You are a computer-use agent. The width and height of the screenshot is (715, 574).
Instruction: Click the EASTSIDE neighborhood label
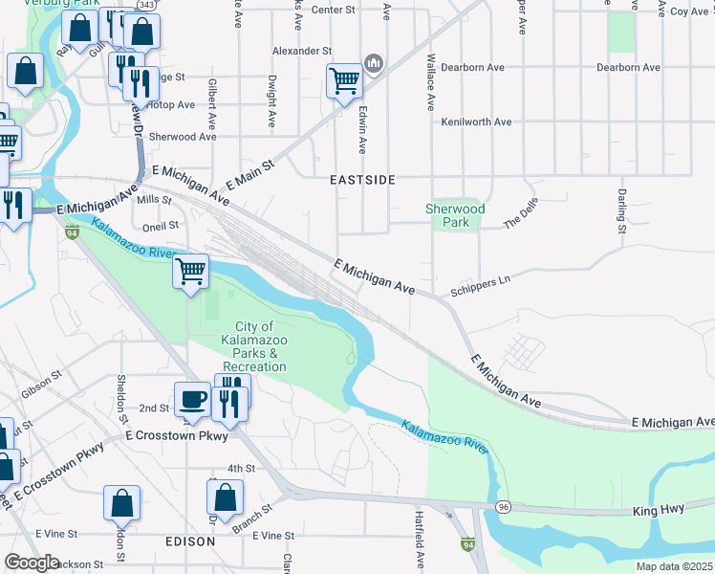click(x=362, y=180)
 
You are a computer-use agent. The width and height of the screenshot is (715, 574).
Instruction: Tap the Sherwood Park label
click(x=455, y=215)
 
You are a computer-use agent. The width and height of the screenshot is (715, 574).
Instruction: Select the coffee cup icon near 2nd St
click(x=192, y=400)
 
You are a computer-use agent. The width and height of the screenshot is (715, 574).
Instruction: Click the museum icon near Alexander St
click(x=374, y=64)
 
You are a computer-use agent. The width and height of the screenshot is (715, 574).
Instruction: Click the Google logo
click(x=32, y=563)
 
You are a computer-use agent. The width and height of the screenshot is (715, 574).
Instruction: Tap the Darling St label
click(x=621, y=210)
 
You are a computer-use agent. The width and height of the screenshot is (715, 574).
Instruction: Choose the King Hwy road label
click(x=659, y=511)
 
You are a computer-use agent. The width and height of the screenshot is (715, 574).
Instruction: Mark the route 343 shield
click(x=146, y=6)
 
